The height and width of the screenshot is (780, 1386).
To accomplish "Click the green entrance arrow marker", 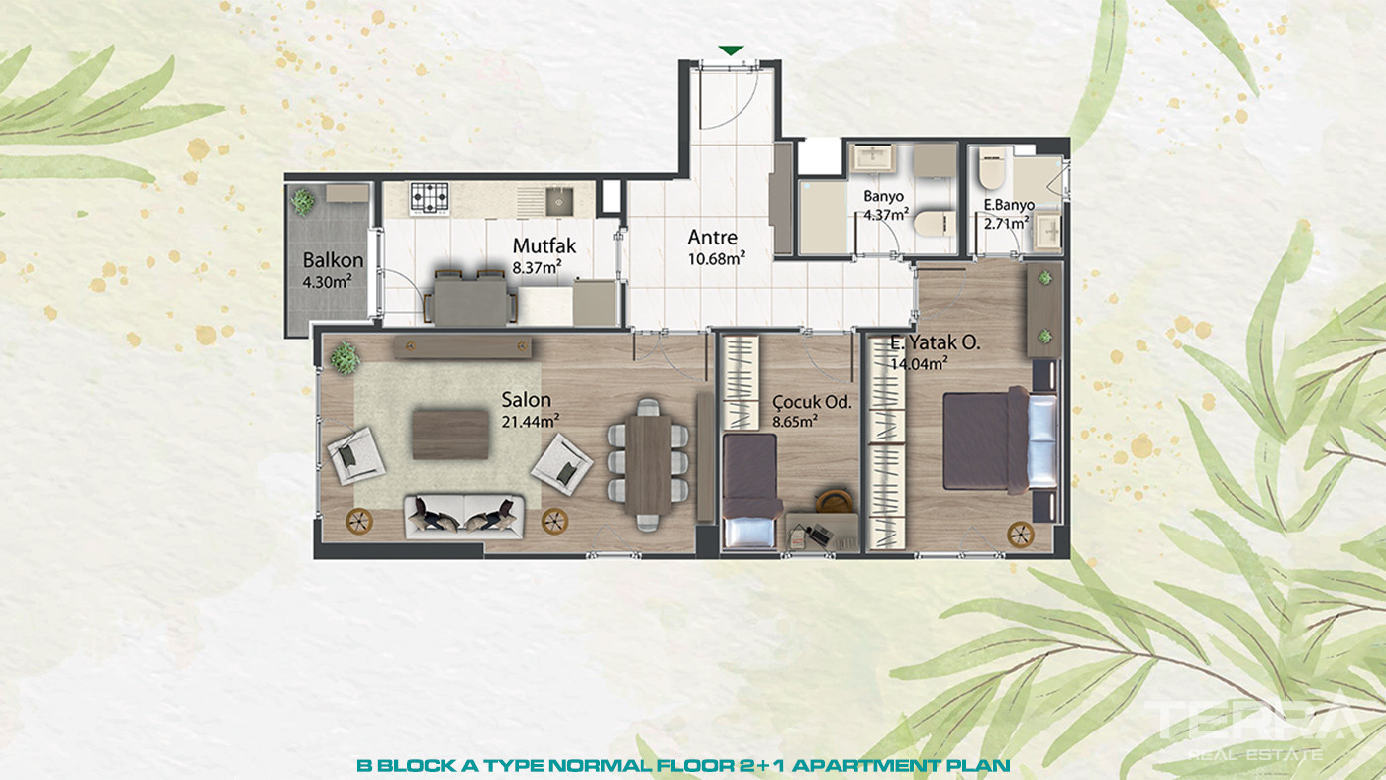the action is click(731, 50).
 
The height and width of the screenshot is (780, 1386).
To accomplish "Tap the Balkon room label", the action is click(333, 260).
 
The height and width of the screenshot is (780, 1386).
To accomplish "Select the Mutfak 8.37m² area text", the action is click(537, 268).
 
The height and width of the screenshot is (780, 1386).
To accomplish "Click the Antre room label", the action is click(712, 237).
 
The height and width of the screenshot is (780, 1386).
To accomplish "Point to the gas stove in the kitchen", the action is click(430, 199).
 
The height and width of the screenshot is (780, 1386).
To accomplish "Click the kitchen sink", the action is click(559, 202).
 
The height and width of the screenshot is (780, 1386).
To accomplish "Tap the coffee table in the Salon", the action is click(450, 435).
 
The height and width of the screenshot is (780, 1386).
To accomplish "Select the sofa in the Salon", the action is click(464, 516).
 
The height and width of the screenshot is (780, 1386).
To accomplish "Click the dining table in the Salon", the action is click(647, 464).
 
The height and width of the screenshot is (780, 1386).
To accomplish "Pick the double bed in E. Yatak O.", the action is click(999, 439).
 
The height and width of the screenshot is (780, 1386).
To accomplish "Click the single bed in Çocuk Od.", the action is click(751, 491).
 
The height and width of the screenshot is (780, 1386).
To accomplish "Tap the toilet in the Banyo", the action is click(935, 224).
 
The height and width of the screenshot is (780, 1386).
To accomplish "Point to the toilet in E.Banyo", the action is click(992, 167).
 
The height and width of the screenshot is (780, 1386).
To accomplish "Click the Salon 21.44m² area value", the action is click(531, 422).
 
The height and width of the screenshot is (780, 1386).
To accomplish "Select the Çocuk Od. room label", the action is click(812, 402).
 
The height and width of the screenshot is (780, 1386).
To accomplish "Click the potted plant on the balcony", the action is click(303, 201).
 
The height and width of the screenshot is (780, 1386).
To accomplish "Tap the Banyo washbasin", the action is click(872, 157).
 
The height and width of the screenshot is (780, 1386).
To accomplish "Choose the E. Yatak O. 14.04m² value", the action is click(919, 363).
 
